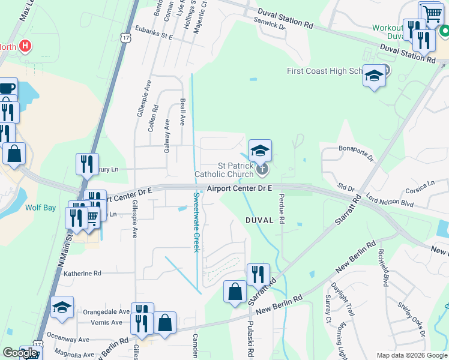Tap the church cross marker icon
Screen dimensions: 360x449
262,170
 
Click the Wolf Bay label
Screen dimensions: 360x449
40,208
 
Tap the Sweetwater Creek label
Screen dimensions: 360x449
196,222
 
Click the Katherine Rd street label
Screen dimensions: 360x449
82,273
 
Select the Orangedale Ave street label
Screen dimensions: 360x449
106,312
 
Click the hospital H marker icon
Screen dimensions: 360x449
25,46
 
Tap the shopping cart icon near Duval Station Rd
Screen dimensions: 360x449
430,13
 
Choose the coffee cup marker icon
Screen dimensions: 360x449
7,88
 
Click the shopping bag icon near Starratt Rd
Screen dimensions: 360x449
235,292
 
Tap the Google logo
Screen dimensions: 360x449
20,353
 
